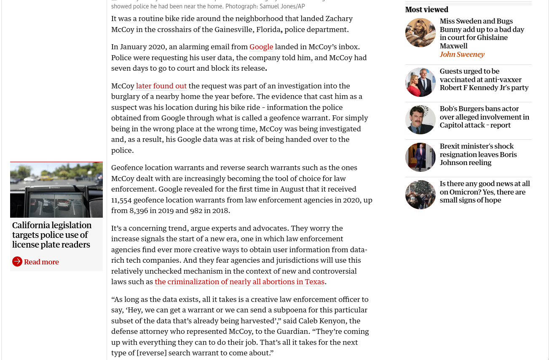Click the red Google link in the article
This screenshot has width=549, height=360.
pyautogui.click(x=261, y=47)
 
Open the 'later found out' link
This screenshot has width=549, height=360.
pyautogui.click(x=161, y=86)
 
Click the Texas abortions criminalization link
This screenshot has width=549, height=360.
pyautogui.click(x=239, y=282)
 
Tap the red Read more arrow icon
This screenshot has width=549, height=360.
pyautogui.click(x=17, y=261)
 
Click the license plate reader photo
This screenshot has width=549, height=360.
pyautogui.click(x=56, y=190)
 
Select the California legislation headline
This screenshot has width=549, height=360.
pyautogui.click(x=52, y=235)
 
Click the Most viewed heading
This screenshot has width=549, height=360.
pyautogui.click(x=427, y=10)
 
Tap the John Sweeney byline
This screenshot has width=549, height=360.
pyautogui.click(x=462, y=54)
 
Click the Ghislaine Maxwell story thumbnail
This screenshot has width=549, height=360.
pyautogui.click(x=420, y=32)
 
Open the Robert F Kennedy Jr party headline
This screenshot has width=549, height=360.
pyautogui.click(x=484, y=80)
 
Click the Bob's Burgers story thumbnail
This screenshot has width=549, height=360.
pyautogui.click(x=420, y=120)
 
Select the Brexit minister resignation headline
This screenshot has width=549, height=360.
pyautogui.click(x=478, y=155)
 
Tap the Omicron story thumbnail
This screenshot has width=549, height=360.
pyautogui.click(x=420, y=195)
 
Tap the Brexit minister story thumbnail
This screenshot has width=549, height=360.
pyautogui.click(x=420, y=157)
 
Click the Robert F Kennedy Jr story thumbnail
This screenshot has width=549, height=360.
pyautogui.click(x=420, y=82)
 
